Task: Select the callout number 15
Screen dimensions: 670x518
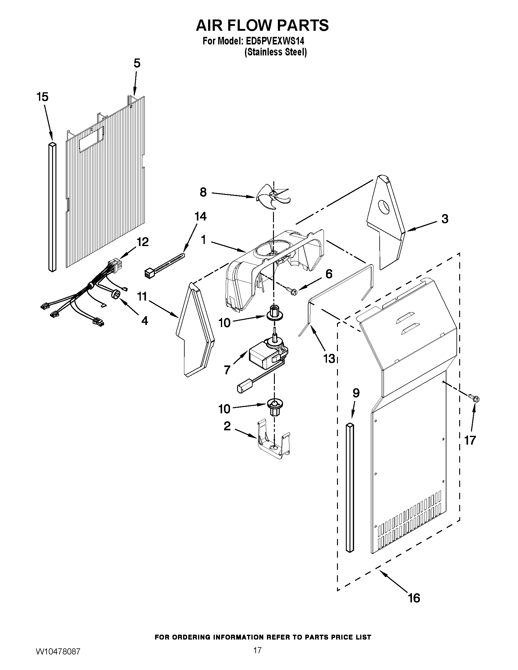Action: (x=42, y=97)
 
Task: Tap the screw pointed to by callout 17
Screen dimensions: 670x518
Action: (x=474, y=400)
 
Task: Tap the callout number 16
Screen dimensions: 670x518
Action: (x=414, y=598)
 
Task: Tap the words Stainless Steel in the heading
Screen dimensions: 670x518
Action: (x=275, y=52)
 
